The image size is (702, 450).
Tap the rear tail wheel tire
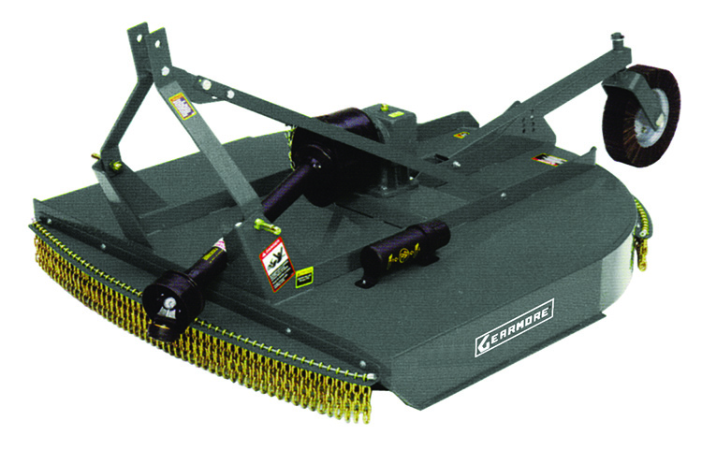[646, 117]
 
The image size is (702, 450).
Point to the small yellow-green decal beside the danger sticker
[304, 276]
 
